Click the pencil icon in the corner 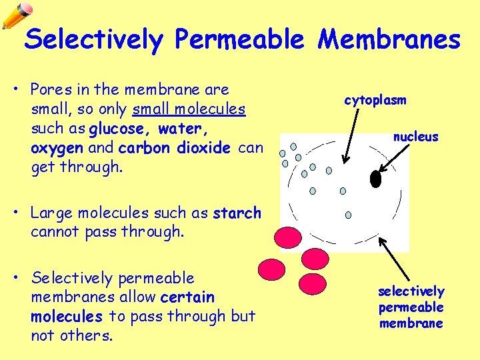[x=17, y=15]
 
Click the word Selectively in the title [x=93, y=39]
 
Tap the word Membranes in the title [x=389, y=39]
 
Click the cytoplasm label [x=375, y=100]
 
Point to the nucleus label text [x=415, y=137]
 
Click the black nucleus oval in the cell [x=375, y=179]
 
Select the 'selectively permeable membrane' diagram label [x=411, y=307]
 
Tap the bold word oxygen [x=57, y=147]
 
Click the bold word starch [x=237, y=213]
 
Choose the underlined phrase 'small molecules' [x=189, y=109]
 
